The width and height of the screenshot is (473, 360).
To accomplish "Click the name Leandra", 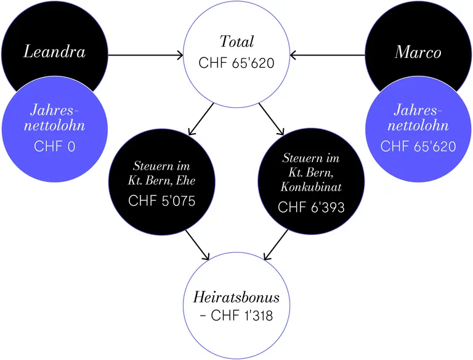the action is point(55,51).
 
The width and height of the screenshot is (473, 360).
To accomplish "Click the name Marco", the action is point(418,52).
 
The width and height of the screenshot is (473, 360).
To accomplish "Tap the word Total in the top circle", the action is point(236,41).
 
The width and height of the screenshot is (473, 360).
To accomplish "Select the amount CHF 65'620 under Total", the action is point(236,63).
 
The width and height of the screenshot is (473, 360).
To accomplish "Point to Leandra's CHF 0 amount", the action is point(55,147).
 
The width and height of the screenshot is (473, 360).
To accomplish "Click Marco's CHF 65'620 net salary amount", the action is point(418,147).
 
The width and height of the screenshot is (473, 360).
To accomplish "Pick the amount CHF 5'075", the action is point(162,201).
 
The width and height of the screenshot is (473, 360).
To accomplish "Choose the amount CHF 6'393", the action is point(311,207).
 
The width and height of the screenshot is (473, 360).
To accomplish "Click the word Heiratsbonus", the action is point(236,297).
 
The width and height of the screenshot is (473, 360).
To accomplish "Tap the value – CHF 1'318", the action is point(236,316).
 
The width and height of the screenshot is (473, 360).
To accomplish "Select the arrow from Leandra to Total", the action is point(146,55).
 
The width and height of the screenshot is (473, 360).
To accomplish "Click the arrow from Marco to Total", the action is point(327,55).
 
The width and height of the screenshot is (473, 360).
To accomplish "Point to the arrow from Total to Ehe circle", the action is point(201,119).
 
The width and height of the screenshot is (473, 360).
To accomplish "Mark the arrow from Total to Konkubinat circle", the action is point(272,119).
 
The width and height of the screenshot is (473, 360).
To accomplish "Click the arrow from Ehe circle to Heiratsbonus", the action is point(197,245).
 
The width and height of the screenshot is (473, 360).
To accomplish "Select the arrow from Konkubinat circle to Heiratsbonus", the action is point(276,245).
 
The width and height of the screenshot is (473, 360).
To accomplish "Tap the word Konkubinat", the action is point(311,187).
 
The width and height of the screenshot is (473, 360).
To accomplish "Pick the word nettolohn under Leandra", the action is point(55,126).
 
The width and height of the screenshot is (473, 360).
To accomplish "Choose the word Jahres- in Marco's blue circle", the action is point(418,110).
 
